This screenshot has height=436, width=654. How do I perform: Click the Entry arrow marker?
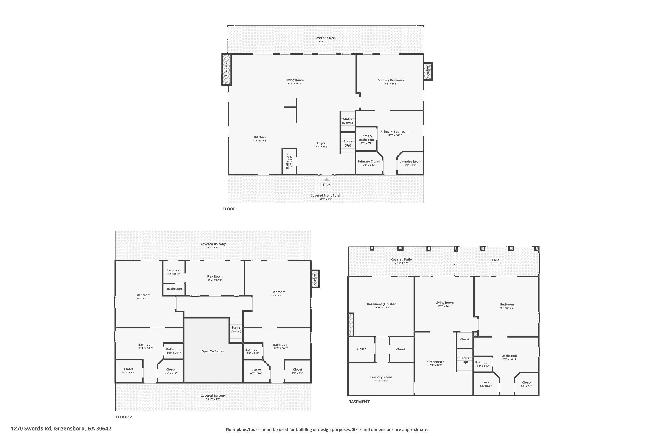pyautogui.click(x=327, y=179)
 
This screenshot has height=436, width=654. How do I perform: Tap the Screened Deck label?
pyautogui.click(x=325, y=38)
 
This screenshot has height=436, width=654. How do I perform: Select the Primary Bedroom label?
pyautogui.click(x=390, y=80)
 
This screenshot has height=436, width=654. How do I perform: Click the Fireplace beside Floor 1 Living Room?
pyautogui.click(x=226, y=69)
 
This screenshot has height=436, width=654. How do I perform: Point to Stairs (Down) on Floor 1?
pyautogui.click(x=347, y=121)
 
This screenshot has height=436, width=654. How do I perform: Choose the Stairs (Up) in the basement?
pyautogui.click(x=465, y=360)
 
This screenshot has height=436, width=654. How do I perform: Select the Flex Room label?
pyautogui.click(x=215, y=276)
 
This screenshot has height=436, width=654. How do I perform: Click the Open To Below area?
pyautogui.click(x=213, y=351)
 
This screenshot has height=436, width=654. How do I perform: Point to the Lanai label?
pyautogui.click(x=496, y=260)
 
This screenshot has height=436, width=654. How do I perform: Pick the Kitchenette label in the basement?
pyautogui.click(x=435, y=362)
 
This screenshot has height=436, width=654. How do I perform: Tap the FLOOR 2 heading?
pyautogui.click(x=124, y=417)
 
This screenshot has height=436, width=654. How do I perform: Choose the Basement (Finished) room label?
pyautogui.click(x=382, y=304)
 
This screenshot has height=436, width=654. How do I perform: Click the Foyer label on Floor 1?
pyautogui.click(x=321, y=143)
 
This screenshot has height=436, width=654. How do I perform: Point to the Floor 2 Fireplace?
pyautogui.click(x=315, y=279)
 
